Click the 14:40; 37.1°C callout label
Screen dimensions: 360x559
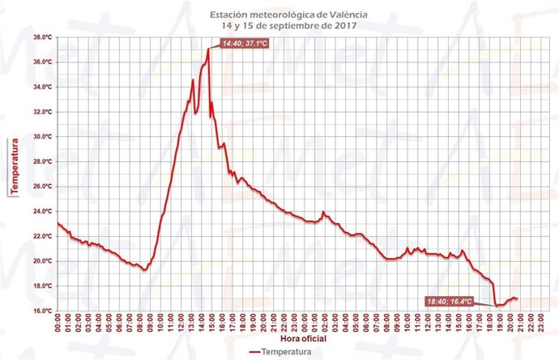click(246, 56)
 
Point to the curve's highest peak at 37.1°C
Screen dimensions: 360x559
click(208, 49)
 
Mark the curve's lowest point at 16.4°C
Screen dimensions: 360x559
click(496, 306)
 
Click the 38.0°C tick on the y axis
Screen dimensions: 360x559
click(42, 37)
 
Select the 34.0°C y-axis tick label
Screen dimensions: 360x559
click(42, 87)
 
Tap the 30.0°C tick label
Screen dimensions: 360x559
click(42, 136)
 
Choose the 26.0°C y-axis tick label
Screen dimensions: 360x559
click(42, 186)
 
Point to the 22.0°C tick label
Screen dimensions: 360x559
click(42, 236)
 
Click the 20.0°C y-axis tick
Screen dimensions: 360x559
click(42, 261)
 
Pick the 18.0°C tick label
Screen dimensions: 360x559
click(42, 286)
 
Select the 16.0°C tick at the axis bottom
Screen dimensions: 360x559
click(42, 311)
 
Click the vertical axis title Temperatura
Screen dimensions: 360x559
click(13, 167)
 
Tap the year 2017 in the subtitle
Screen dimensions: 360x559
click(344, 25)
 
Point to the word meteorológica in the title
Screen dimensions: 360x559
click(273, 15)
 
